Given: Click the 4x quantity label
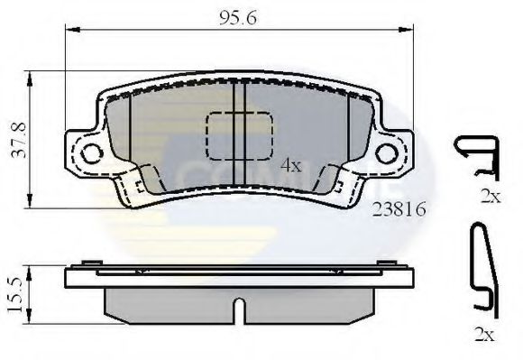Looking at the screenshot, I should (x=289, y=166).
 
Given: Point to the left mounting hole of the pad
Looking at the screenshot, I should (x=91, y=153).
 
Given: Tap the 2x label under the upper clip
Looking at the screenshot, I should (x=490, y=198).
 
